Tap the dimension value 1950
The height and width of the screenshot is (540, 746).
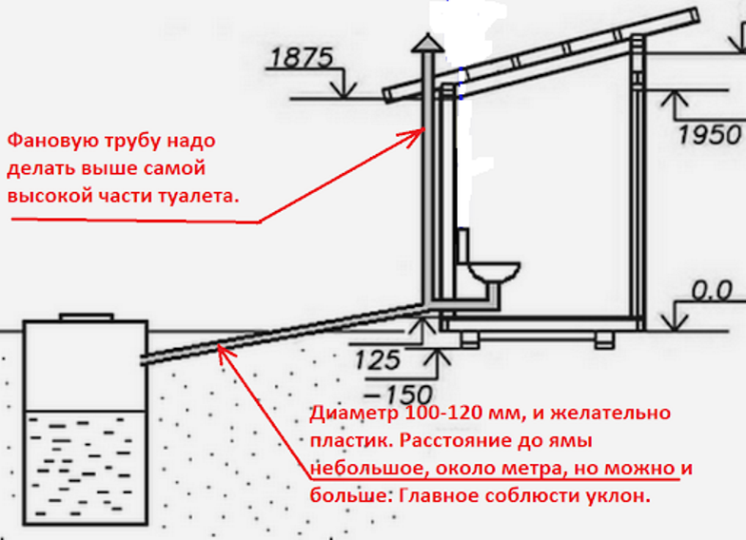pos(709,134)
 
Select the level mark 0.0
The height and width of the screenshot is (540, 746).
pos(711,291)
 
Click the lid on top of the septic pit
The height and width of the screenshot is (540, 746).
pos(86,316)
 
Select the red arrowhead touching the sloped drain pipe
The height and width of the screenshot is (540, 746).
pos(223,353)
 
